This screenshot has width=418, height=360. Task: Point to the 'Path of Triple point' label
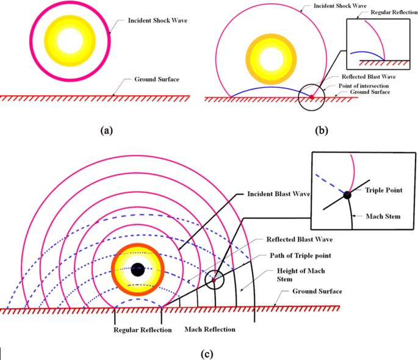293,255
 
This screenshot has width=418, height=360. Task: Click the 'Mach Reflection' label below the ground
209,329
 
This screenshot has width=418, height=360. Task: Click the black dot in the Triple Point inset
347,195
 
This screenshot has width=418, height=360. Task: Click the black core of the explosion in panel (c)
137,268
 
